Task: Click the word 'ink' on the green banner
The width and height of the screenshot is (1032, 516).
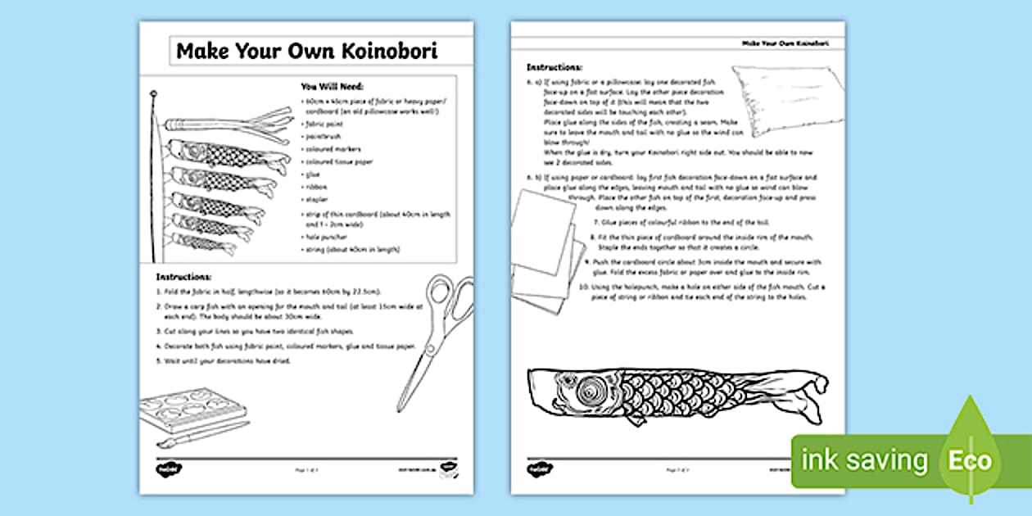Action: tap(820, 460)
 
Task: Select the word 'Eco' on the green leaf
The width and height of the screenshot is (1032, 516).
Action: tap(970, 460)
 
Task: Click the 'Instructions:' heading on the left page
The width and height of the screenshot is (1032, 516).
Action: tap(183, 278)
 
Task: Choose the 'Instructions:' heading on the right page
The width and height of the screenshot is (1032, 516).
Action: tap(554, 66)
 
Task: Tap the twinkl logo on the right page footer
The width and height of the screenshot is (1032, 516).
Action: tap(539, 470)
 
